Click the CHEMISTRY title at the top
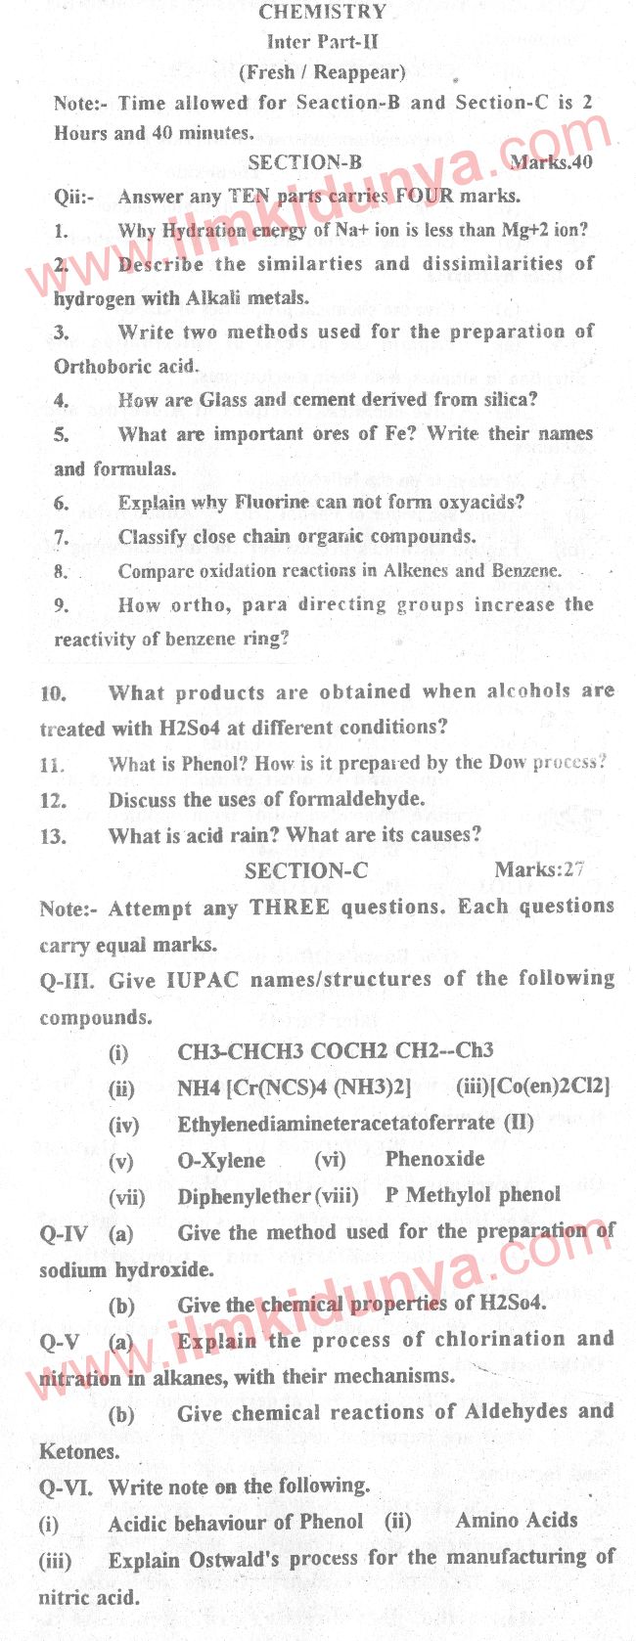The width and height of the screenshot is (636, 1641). [323, 12]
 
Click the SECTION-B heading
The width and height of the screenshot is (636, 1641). [304, 162]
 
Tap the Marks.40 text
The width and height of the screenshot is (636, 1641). [551, 162]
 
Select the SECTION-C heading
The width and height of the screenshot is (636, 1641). [306, 870]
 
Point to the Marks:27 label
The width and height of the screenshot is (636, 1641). [539, 869]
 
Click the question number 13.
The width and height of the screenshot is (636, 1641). [53, 836]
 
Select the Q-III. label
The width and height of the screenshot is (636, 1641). [68, 981]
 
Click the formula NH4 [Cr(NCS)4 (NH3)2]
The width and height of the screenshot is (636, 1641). [294, 1087]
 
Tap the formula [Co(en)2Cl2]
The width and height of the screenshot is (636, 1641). [533, 1087]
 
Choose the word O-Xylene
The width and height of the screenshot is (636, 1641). [221, 1161]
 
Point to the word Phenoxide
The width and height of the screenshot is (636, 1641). [434, 1159]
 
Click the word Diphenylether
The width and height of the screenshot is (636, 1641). [244, 1197]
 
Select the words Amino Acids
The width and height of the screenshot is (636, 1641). [516, 1521]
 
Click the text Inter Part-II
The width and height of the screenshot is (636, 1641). [322, 42]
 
